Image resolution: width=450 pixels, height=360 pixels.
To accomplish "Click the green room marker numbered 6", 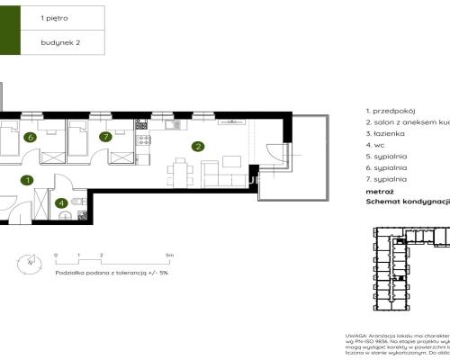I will (31, 138).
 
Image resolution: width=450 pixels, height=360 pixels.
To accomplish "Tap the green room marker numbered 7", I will (105, 137).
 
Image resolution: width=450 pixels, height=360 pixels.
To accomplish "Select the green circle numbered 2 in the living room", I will (196, 146).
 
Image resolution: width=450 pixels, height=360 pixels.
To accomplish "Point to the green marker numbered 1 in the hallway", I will (28, 180).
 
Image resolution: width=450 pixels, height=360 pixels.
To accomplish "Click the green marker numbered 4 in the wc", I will (61, 203).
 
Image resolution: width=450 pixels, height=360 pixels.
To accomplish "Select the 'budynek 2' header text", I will (59, 40).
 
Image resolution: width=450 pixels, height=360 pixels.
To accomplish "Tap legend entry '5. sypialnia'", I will (388, 156).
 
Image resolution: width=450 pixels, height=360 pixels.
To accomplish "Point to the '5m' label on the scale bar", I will (169, 256).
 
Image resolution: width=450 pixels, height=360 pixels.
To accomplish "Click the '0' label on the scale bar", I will (56, 256).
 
